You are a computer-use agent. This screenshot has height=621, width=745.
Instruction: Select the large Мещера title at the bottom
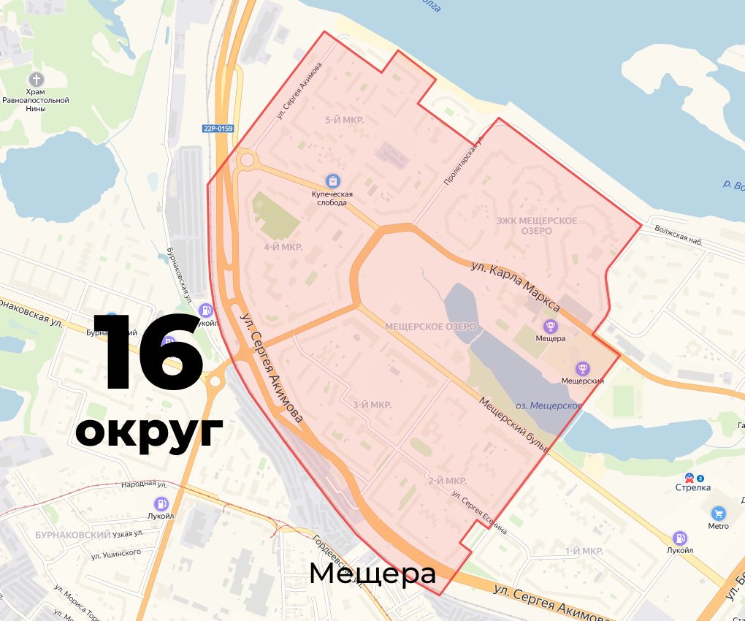pyautogui.click(x=372, y=574)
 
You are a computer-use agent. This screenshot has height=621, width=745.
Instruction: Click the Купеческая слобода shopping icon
pyautogui.click(x=333, y=180)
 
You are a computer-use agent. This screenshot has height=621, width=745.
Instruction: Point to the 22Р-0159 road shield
pyautogui.click(x=218, y=129)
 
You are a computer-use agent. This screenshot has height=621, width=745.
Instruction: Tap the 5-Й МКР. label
pyautogui.click(x=345, y=119)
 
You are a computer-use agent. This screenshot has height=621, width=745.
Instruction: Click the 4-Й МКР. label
pyautogui.click(x=283, y=247)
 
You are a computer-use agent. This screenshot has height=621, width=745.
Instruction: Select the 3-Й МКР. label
pyautogui.click(x=372, y=405)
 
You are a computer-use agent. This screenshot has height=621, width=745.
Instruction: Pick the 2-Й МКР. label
pyautogui.click(x=447, y=481)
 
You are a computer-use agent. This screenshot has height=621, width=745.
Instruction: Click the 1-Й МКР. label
pyautogui.click(x=584, y=550)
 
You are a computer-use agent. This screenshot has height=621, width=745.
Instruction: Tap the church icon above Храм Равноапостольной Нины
pyautogui.click(x=36, y=79)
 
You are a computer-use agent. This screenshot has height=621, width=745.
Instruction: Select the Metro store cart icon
pyautogui.click(x=718, y=513)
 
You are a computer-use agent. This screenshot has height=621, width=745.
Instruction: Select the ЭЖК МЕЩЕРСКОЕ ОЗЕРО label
pyautogui.click(x=536, y=226)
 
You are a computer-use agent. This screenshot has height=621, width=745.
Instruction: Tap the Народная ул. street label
pyautogui.click(x=145, y=484)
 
